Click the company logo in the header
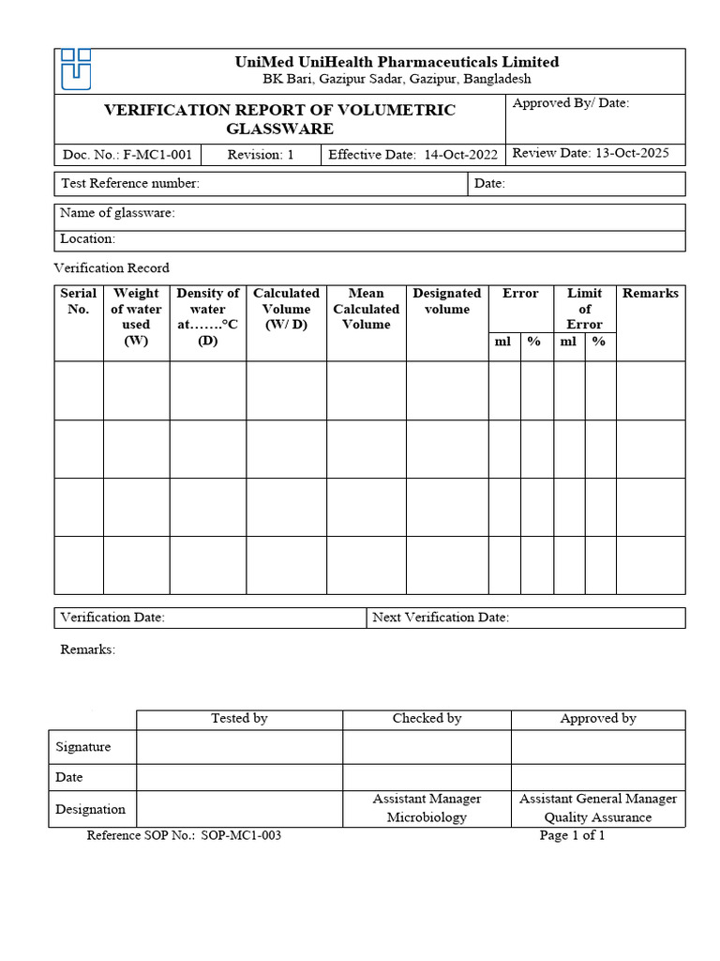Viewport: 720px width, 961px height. click(76, 69)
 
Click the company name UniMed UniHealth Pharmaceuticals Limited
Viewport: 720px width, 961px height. click(396, 62)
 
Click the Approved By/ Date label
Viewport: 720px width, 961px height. click(570, 103)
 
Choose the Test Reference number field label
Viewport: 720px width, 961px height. click(130, 184)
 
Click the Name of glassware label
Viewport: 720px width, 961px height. click(117, 213)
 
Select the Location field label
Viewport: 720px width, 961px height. click(88, 239)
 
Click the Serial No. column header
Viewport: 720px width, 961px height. click(79, 301)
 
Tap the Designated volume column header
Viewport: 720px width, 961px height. click(446, 301)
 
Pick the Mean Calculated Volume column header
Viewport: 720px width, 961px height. click(366, 309)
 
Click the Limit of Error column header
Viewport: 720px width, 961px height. click(584, 309)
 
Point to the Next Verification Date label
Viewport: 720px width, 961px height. click(441, 618)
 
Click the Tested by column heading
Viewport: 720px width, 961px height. click(239, 719)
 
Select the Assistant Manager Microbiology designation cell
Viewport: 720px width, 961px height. click(427, 808)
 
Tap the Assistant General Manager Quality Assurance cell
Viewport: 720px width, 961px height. click(597, 808)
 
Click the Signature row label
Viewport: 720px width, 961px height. click(83, 747)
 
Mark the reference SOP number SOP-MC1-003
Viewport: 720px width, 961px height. click(184, 835)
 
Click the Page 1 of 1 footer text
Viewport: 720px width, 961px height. click(572, 835)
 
